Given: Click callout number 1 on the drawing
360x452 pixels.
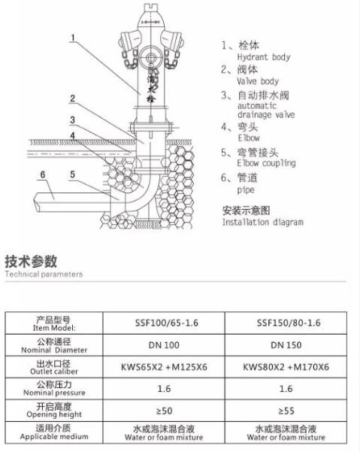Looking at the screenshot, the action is (73, 38).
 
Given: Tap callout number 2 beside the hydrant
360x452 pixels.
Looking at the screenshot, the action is (73, 99).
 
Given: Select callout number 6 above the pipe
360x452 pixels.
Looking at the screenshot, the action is (43, 174).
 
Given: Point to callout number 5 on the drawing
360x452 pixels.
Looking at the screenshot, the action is (73, 174).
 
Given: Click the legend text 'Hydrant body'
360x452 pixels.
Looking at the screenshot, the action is (264, 57).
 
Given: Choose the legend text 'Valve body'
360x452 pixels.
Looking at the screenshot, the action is (258, 81).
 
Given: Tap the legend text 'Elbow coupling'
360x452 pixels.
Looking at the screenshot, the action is (266, 163).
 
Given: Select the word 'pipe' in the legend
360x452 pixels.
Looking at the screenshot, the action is (246, 190).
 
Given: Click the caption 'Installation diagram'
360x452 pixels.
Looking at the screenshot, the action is (262, 222).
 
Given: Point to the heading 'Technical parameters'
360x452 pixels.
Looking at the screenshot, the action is (44, 274).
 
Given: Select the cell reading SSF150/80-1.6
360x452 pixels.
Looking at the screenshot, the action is (289, 323).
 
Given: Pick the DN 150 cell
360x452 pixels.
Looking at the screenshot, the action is (286, 345).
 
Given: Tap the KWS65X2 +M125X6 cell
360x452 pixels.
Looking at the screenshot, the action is (164, 367).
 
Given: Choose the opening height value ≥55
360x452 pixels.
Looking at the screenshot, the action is (286, 411).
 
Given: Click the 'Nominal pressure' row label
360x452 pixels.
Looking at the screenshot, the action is (54, 393).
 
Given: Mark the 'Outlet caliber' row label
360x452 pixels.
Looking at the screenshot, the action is (54, 372).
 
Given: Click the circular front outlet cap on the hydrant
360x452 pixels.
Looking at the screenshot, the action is (150, 57).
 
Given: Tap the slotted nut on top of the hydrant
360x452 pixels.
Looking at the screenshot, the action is (150, 7).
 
